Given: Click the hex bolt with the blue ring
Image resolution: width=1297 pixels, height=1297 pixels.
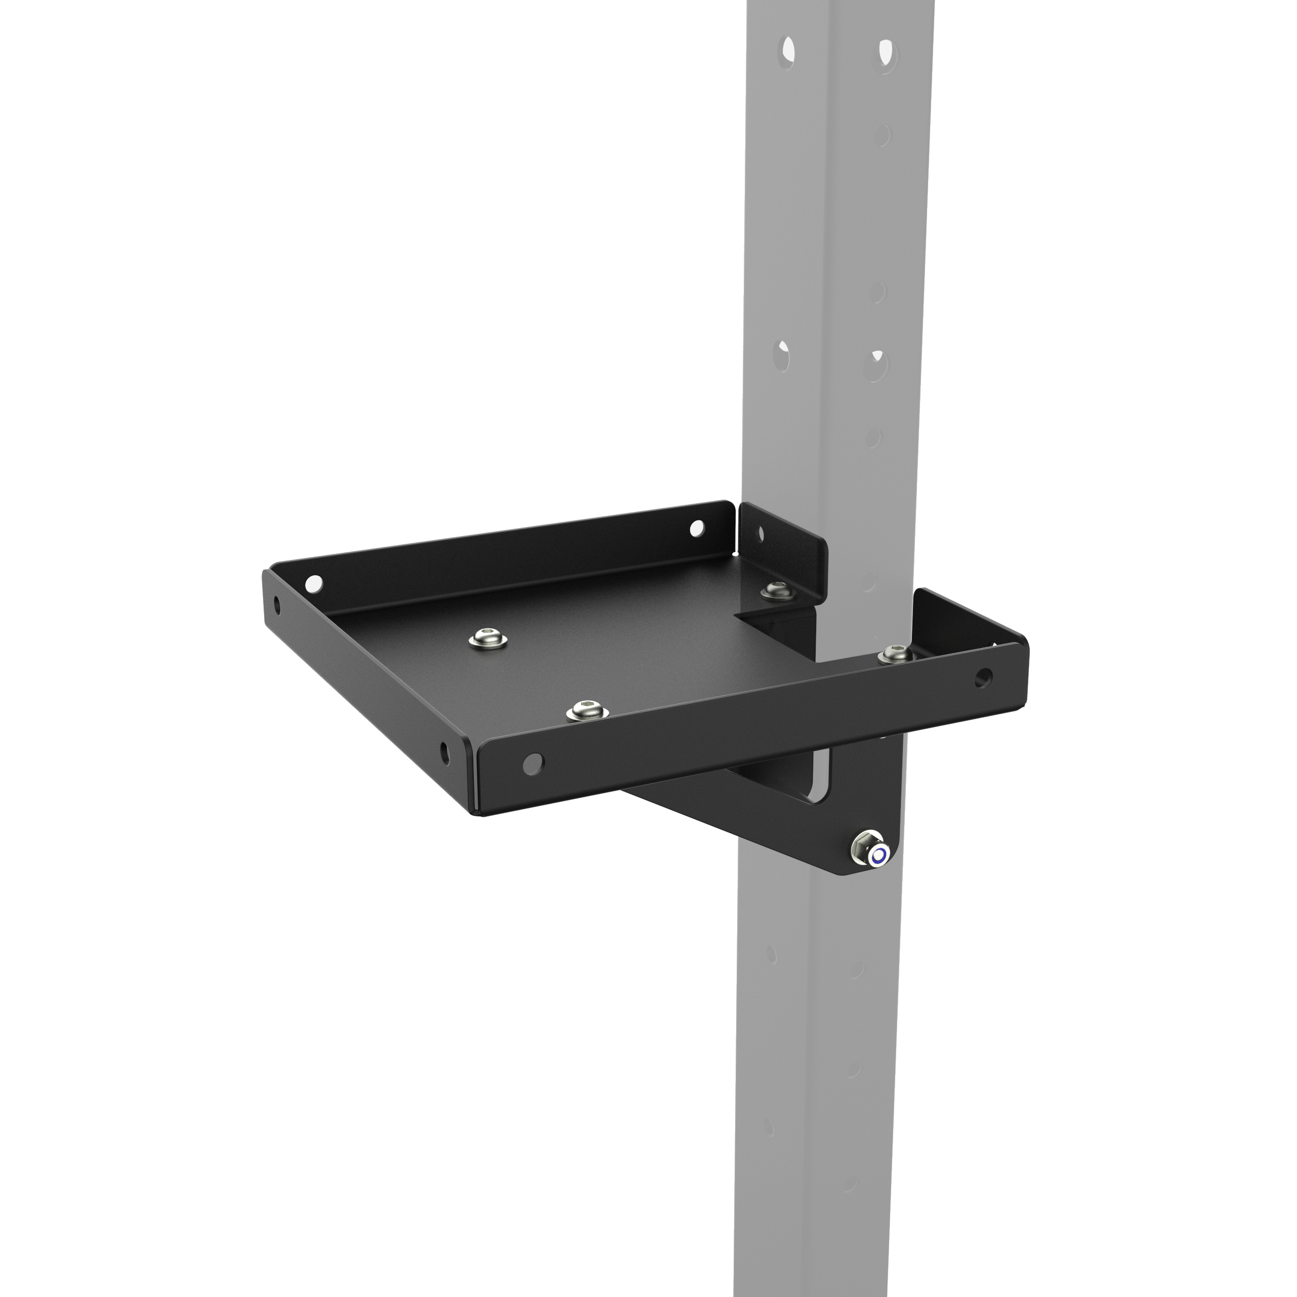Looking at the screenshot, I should coord(878,855).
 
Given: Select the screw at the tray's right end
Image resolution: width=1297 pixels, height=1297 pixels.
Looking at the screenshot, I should coord(896,653).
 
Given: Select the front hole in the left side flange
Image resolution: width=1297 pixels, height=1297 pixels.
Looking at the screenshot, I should coord(444,752).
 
